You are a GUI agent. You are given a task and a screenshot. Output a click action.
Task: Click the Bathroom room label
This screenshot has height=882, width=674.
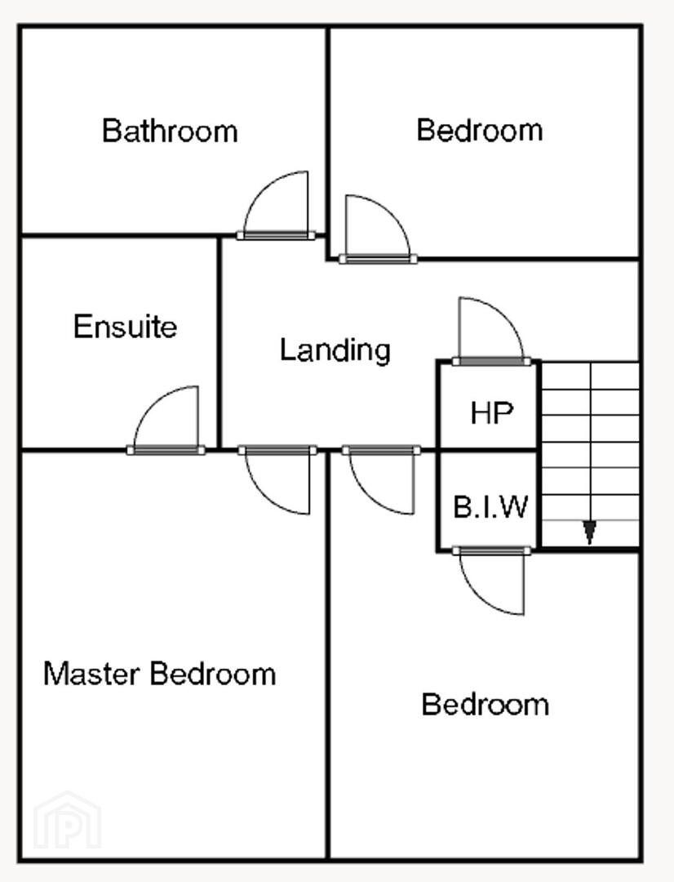170,131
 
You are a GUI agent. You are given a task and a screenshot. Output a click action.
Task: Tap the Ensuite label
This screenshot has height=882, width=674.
125,326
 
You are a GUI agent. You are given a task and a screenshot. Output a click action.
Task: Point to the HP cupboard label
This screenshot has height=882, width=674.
492,413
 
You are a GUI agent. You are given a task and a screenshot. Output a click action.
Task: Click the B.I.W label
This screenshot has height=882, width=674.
490,507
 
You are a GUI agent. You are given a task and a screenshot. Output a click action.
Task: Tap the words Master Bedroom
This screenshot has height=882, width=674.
160,673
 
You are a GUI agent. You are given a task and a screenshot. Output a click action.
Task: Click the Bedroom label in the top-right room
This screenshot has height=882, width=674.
480,130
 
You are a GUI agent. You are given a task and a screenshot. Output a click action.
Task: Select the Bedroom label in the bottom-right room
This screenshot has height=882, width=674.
486,704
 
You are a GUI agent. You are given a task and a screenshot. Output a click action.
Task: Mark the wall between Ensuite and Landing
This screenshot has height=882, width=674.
219,342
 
